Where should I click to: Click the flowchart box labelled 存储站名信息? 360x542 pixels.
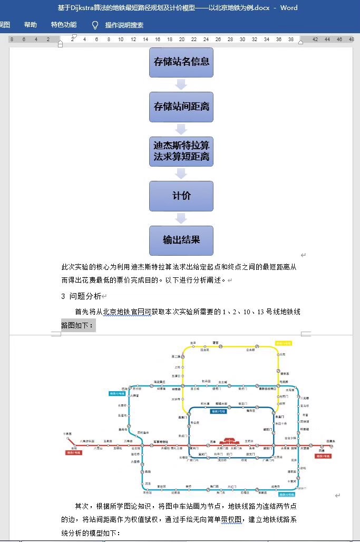pyautogui.click(x=181, y=62)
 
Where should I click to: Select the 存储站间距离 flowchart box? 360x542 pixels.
pyautogui.click(x=181, y=107)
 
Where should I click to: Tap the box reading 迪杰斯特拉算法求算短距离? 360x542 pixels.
pyautogui.click(x=181, y=151)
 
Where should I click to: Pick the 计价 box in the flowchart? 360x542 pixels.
pyautogui.click(x=181, y=196)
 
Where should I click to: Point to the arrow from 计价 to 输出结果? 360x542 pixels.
pyautogui.click(x=181, y=218)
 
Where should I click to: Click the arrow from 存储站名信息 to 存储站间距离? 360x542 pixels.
pyautogui.click(x=181, y=84)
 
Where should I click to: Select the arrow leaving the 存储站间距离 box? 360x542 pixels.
pyautogui.click(x=181, y=129)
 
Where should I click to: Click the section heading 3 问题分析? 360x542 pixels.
pyautogui.click(x=81, y=296)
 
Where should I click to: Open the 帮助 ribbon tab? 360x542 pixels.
pyautogui.click(x=31, y=25)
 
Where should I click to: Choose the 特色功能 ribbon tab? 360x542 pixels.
pyautogui.click(x=64, y=25)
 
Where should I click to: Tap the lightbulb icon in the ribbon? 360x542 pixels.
pyautogui.click(x=95, y=25)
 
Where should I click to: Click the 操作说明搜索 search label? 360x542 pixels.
pyautogui.click(x=124, y=25)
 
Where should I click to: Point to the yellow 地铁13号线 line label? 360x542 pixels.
pyautogui.click(x=283, y=343)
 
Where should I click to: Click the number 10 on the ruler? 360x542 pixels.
pyautogui.click(x=121, y=40)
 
